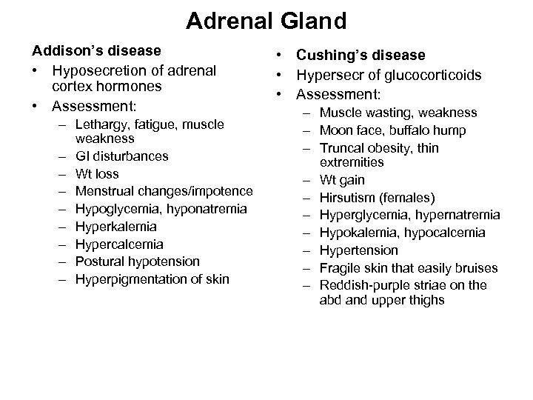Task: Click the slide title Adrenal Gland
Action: click(266, 21)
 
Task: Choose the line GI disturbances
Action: click(121, 156)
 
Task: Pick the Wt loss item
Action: click(97, 173)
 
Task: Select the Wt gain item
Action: click(342, 180)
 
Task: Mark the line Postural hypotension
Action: click(137, 261)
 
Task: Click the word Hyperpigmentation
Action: click(130, 279)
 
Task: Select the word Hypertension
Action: click(358, 250)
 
